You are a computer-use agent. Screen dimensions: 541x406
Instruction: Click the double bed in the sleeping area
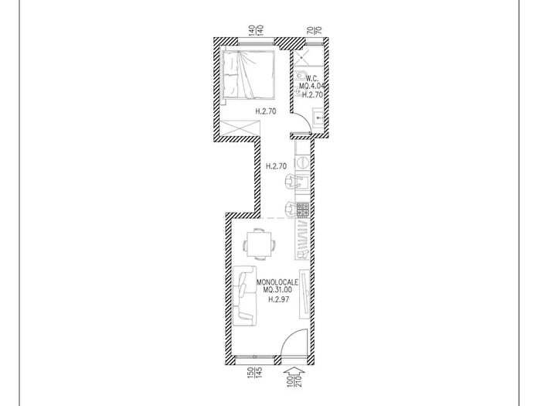click(x=249, y=74)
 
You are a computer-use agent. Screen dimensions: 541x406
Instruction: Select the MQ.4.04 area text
click(x=312, y=86)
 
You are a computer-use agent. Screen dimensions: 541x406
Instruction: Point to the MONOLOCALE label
click(x=277, y=282)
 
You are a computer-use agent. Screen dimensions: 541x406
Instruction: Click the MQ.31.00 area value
click(x=277, y=290)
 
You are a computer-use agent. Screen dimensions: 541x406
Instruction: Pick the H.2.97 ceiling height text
click(x=278, y=299)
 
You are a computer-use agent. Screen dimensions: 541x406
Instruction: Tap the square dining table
click(x=258, y=244)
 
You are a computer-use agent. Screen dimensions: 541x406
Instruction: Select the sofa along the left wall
click(x=245, y=295)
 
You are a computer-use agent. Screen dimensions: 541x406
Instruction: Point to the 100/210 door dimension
click(x=294, y=381)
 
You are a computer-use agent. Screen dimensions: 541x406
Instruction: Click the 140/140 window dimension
click(x=257, y=30)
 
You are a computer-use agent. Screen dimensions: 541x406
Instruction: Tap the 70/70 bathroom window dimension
click(x=315, y=30)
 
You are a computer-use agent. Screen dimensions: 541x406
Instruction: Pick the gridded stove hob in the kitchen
click(x=303, y=210)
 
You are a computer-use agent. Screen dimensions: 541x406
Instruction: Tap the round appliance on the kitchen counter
click(x=302, y=162)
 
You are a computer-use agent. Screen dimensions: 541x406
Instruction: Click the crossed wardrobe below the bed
click(x=240, y=128)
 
